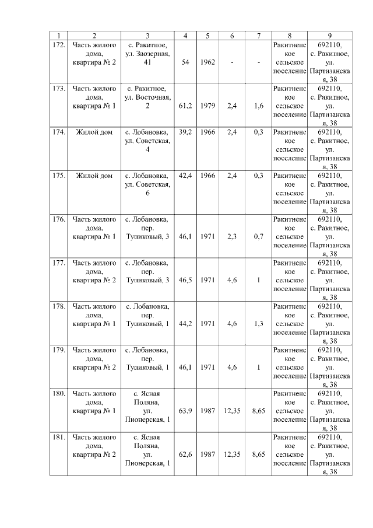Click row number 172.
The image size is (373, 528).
tap(58, 45)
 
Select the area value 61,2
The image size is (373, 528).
tap(185, 106)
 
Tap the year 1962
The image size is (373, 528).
tap(207, 62)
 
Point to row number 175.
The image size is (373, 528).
tap(58, 176)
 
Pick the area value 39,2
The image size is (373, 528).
tap(185, 132)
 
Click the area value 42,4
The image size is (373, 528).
tap(185, 176)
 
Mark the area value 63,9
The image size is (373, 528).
tap(185, 411)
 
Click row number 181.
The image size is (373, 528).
tap(58, 437)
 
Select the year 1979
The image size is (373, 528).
tap(207, 106)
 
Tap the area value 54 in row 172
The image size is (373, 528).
tap(185, 62)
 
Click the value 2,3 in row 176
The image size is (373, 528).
tap(231, 237)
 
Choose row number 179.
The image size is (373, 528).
tap(58, 350)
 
